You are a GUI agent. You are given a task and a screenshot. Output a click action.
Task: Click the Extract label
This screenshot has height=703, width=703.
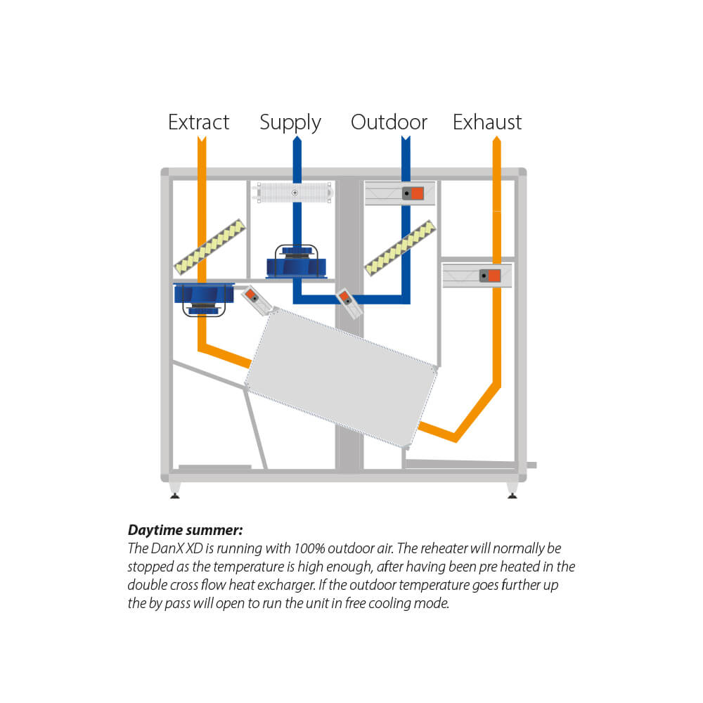tap(198, 122)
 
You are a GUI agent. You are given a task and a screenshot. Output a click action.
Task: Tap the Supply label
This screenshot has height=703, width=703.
tap(290, 123)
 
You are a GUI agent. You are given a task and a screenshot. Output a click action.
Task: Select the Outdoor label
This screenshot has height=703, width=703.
tap(389, 122)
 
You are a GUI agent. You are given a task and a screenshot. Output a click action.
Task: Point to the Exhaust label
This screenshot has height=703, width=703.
tap(487, 122)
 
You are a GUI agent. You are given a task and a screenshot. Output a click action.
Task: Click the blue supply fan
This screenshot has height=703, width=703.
tap(296, 264)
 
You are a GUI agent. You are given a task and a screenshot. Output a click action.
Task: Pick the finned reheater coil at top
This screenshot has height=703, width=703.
tap(296, 193)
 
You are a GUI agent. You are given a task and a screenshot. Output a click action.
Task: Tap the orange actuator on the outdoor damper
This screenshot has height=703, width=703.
tap(417, 193)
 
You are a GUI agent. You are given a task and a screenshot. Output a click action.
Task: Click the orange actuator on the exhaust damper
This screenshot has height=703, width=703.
tap(495, 276)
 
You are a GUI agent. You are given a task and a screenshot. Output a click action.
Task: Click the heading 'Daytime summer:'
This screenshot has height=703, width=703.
tap(185, 530)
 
